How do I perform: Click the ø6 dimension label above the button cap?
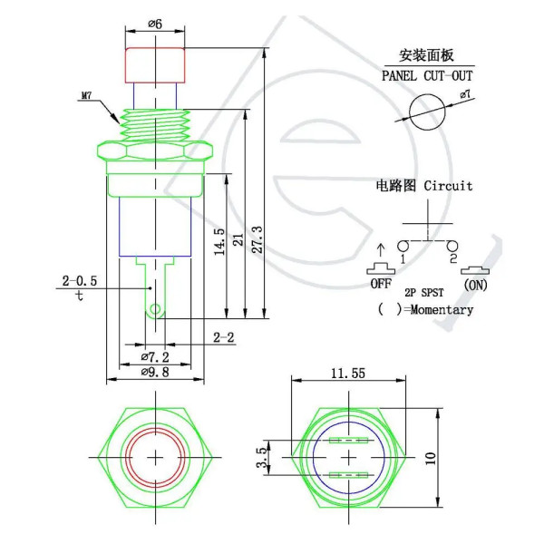click(x=155, y=24)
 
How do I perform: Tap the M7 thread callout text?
click(x=87, y=95)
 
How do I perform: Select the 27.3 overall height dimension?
click(x=257, y=239)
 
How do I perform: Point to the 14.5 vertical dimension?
click(x=219, y=242)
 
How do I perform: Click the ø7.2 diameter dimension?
click(x=155, y=357)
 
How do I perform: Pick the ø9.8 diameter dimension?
click(x=155, y=373)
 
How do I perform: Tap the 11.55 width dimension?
click(x=348, y=374)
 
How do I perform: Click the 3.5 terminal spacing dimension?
click(x=262, y=458)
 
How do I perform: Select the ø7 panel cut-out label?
click(x=466, y=94)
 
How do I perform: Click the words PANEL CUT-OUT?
click(x=427, y=75)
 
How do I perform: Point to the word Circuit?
click(x=448, y=186)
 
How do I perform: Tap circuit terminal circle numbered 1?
click(x=403, y=247)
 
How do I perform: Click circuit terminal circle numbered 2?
click(x=452, y=247)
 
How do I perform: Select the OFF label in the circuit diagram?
click(x=381, y=284)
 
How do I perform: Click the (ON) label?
click(x=475, y=286)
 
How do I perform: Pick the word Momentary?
click(x=442, y=309)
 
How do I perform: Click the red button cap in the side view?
click(x=155, y=65)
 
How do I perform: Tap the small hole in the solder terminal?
click(x=155, y=309)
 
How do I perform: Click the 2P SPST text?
click(x=424, y=293)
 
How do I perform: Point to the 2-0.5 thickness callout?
click(x=80, y=281)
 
